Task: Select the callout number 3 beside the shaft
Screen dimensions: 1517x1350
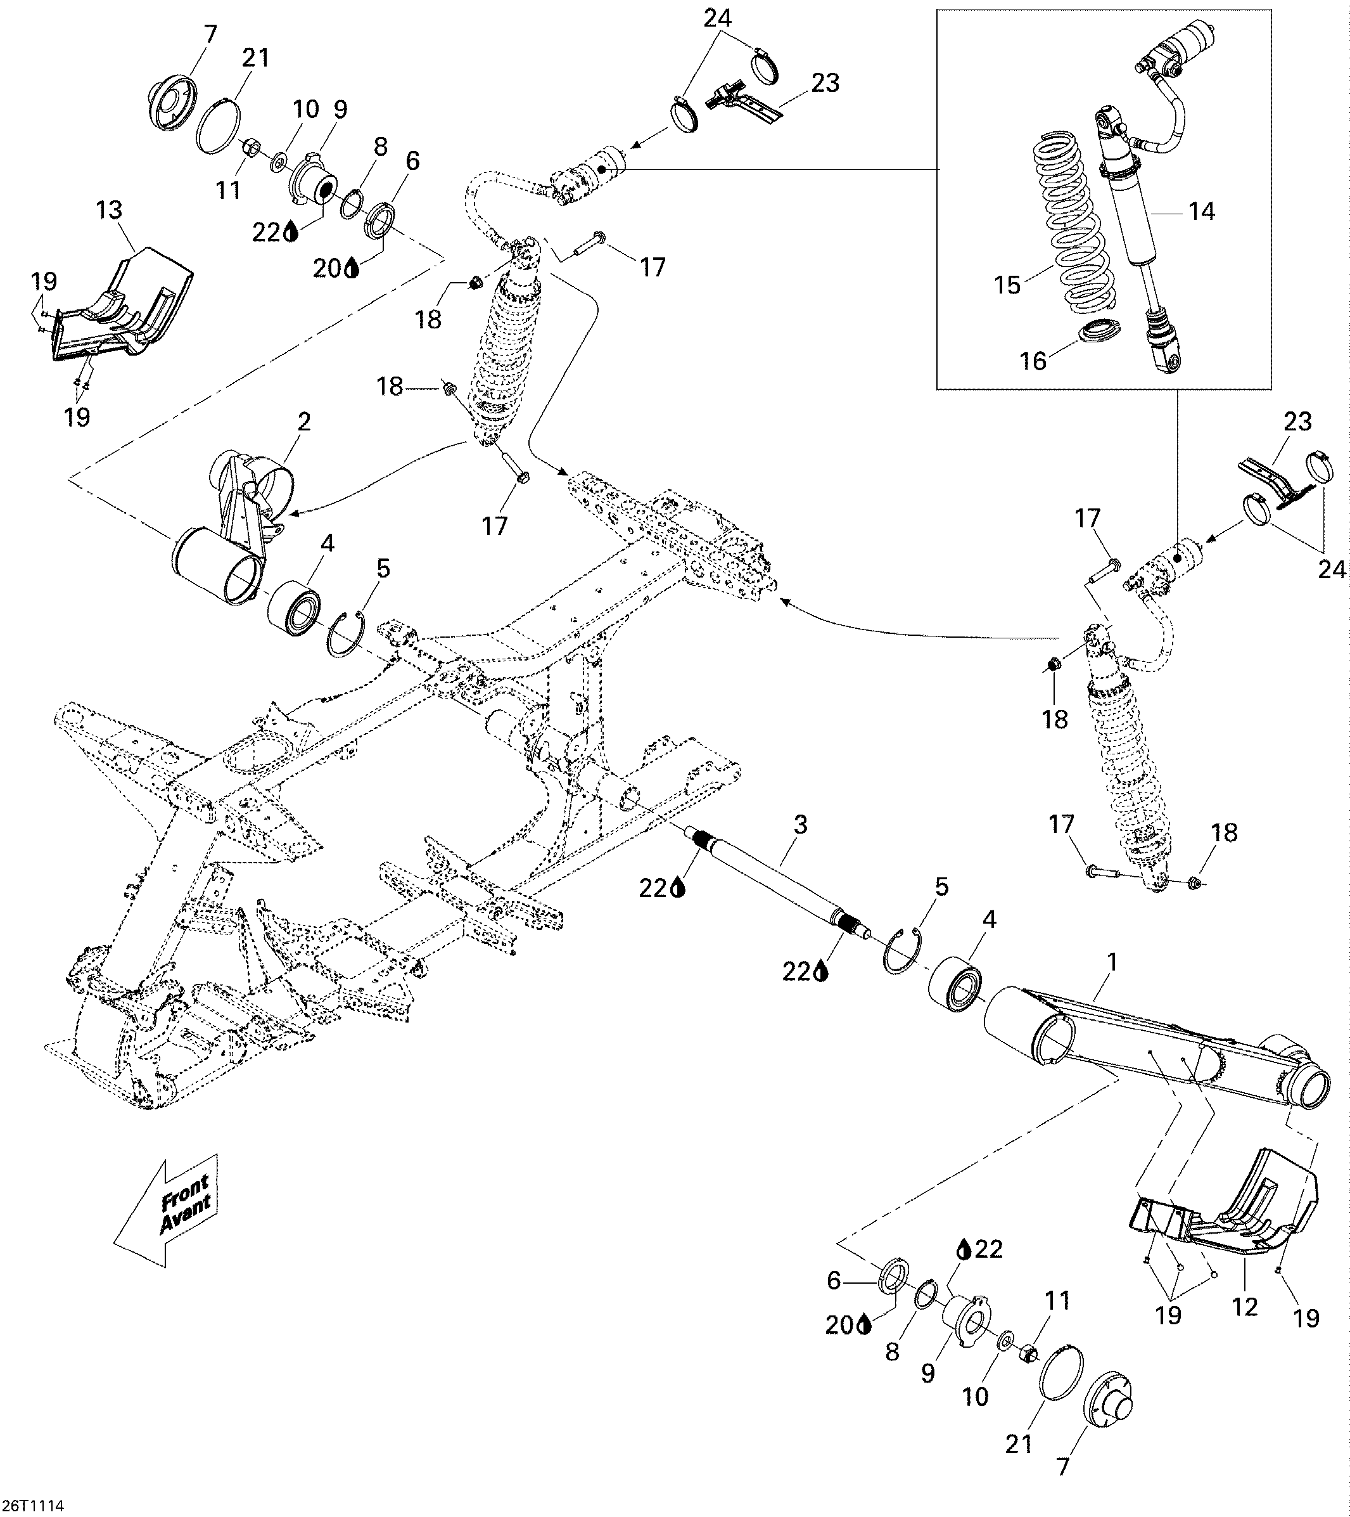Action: [x=799, y=824]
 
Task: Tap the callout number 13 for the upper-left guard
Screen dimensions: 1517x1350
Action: [x=109, y=210]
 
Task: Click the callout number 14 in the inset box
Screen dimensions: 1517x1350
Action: [x=1202, y=212]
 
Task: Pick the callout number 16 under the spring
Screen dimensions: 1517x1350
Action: [x=1033, y=361]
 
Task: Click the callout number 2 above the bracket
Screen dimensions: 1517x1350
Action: [x=303, y=422]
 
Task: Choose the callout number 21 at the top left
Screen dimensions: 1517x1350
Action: [x=256, y=58]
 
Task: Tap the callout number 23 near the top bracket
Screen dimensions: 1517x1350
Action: [x=825, y=82]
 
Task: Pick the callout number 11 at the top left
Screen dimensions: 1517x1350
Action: [x=229, y=191]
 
